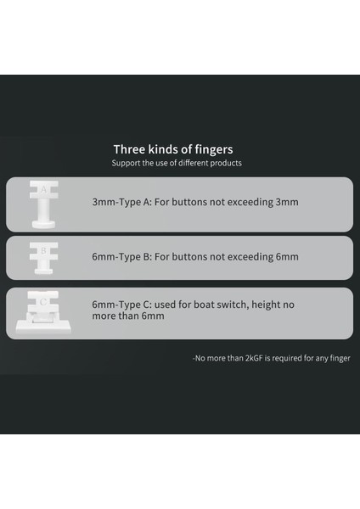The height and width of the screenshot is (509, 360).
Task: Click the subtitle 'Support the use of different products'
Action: tap(177, 163)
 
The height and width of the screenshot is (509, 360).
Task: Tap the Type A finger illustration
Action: tap(43, 204)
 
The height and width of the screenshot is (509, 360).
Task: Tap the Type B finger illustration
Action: tap(43, 257)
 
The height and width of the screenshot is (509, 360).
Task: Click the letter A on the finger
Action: tap(43, 191)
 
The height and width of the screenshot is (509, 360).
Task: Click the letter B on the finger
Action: tap(43, 251)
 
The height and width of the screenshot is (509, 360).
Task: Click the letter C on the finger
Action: tap(43, 301)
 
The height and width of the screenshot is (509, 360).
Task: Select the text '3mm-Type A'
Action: tap(120, 203)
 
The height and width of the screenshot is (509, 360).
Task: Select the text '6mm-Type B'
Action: tap(120, 257)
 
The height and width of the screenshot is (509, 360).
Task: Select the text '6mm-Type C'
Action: tap(120, 304)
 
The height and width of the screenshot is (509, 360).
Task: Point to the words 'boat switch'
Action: tap(214, 304)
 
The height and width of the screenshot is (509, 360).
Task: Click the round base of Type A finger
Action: tap(43, 223)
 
